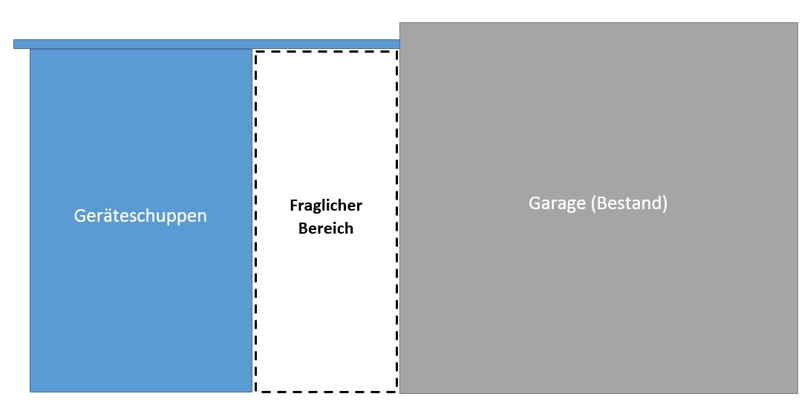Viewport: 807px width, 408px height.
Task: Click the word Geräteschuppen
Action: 140,216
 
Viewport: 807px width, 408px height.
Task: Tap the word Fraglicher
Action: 326,205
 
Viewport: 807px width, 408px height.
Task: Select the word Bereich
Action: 326,228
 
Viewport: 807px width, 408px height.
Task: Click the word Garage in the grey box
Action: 557,203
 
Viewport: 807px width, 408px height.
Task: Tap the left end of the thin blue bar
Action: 16,44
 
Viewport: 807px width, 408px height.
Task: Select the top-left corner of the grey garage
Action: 400,23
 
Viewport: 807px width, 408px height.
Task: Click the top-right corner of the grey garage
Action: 797,23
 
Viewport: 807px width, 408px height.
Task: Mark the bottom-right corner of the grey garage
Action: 797,392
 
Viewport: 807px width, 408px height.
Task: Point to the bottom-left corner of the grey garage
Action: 400,392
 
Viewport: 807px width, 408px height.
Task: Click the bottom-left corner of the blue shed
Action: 30,391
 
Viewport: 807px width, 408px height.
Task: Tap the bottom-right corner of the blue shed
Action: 252,391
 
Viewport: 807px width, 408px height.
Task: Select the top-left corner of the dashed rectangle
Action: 256,52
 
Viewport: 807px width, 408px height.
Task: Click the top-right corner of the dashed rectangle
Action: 397,52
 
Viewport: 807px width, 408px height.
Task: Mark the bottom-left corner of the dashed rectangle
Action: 256,390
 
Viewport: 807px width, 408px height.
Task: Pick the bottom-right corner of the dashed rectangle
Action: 397,390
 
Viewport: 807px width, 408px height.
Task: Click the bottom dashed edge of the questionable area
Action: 327,390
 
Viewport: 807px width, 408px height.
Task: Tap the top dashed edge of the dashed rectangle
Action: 327,52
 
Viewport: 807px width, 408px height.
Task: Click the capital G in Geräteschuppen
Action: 80,216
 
